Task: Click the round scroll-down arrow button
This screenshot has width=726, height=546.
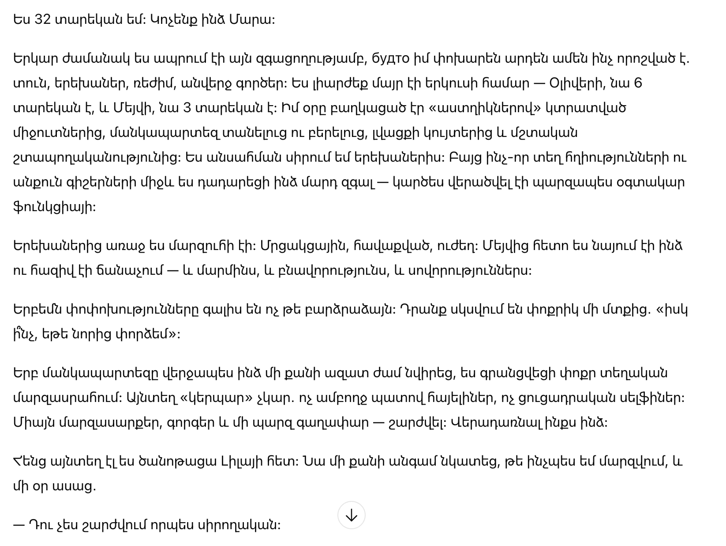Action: coord(351,515)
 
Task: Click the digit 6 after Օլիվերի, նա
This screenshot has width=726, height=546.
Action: coord(638,83)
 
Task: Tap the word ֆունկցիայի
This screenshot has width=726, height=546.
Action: coord(54,207)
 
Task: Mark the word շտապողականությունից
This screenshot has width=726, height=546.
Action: coord(97,158)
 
